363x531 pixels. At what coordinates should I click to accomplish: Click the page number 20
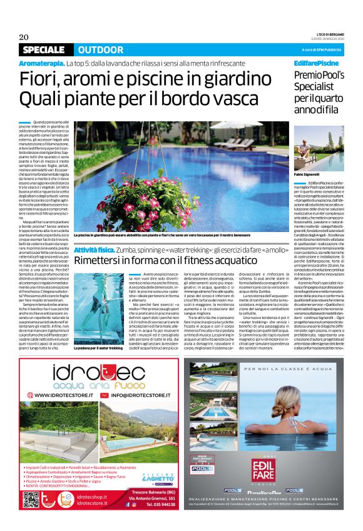point(24,37)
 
